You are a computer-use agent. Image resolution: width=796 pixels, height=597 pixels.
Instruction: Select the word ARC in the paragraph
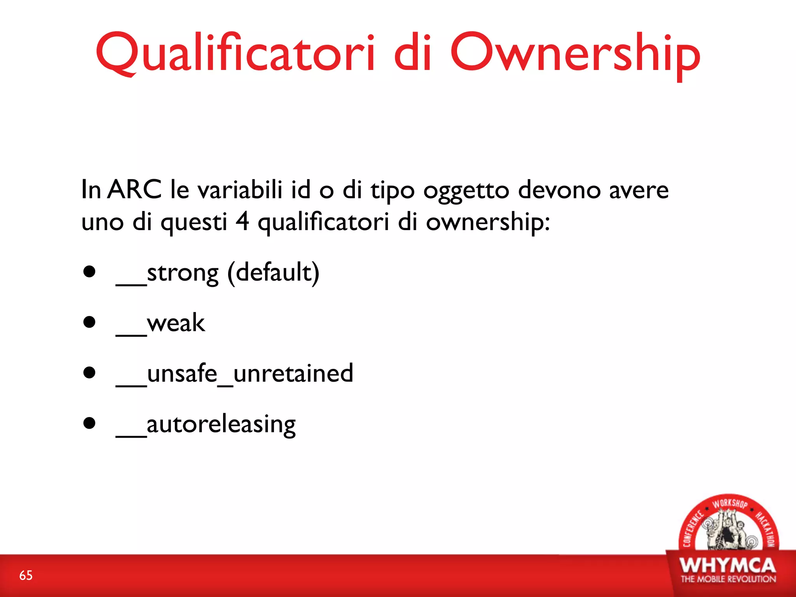click(x=134, y=190)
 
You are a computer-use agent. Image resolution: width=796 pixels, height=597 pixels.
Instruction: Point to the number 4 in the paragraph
click(x=243, y=222)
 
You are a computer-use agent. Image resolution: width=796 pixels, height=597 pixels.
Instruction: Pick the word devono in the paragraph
click(x=559, y=190)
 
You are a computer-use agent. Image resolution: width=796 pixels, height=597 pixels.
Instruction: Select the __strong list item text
click(x=167, y=273)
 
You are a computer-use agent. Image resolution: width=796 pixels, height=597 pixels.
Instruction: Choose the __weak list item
click(x=160, y=323)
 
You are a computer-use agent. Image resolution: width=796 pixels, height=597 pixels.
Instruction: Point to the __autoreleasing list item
click(x=206, y=424)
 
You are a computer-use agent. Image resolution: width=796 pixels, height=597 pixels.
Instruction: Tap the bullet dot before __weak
click(x=89, y=322)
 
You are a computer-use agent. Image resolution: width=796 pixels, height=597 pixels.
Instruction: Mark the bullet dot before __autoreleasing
click(x=89, y=423)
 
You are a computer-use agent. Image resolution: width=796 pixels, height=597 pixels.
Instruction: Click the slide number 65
click(x=26, y=575)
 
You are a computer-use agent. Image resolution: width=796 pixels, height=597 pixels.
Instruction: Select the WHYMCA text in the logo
click(x=728, y=566)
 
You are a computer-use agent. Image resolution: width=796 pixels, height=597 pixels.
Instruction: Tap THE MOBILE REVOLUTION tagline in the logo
click(x=728, y=579)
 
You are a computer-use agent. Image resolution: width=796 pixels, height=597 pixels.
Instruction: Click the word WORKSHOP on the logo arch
click(x=729, y=504)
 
